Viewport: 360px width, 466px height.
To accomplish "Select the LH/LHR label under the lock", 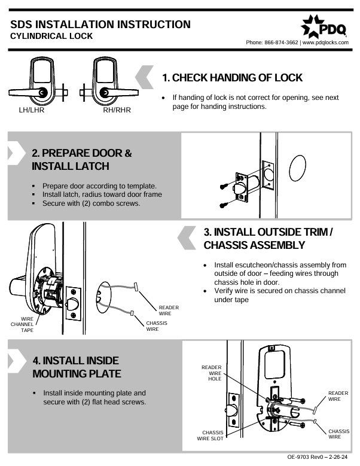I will click(32, 110).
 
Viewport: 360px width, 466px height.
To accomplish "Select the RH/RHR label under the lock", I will click(117, 110).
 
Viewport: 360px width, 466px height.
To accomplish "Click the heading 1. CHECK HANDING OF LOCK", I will click(232, 78).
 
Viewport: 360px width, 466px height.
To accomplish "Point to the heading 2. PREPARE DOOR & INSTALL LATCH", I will click(81, 159).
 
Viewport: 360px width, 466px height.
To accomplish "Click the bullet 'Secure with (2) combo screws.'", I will click(91, 203).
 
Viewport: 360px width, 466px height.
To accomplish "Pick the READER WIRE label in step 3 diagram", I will click(168, 310).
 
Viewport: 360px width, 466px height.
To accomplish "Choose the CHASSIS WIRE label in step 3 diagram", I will click(156, 326).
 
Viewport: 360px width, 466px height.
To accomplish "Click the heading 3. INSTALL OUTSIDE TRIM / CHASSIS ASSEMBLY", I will click(268, 238).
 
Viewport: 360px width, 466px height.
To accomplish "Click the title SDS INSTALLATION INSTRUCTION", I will click(100, 25).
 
